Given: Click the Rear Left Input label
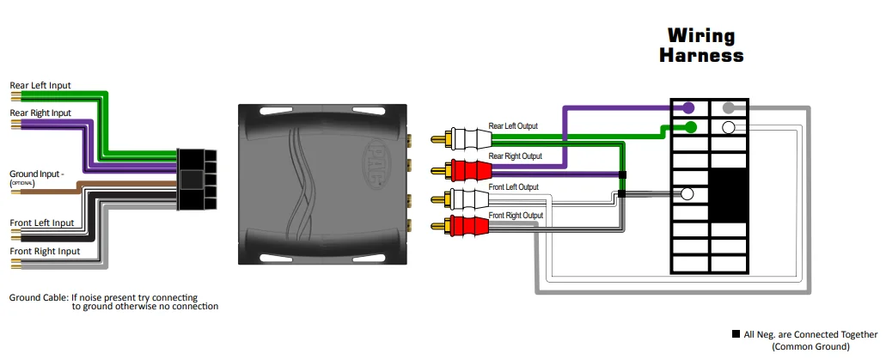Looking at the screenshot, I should [40, 85].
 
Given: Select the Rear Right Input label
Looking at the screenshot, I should [40, 113].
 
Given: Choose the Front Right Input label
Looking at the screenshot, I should [44, 251].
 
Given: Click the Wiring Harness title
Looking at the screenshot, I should [700, 46].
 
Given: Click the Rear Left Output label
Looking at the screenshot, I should [513, 126].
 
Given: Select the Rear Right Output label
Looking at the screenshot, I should [516, 156].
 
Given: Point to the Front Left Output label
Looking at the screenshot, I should [514, 186].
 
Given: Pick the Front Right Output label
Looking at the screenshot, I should [516, 215].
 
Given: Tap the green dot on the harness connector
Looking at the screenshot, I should [690, 128].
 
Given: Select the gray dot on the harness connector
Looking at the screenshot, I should [729, 108].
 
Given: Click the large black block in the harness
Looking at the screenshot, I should [729, 194].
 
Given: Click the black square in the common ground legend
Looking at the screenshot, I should [736, 334].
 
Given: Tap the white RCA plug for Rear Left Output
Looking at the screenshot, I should [461, 137].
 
